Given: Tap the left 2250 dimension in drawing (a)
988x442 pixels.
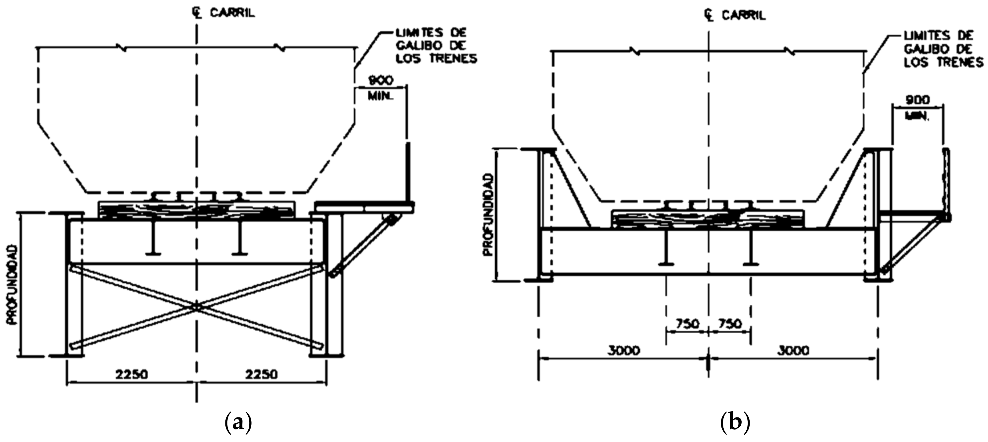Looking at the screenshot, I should point(132,374).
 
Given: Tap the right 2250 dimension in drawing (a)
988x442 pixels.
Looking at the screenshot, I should point(262,374).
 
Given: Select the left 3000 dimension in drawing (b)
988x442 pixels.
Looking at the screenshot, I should point(624,350).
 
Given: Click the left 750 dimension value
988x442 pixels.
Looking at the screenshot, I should point(687,324).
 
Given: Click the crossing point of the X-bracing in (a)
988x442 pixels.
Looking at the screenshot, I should point(196,306).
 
